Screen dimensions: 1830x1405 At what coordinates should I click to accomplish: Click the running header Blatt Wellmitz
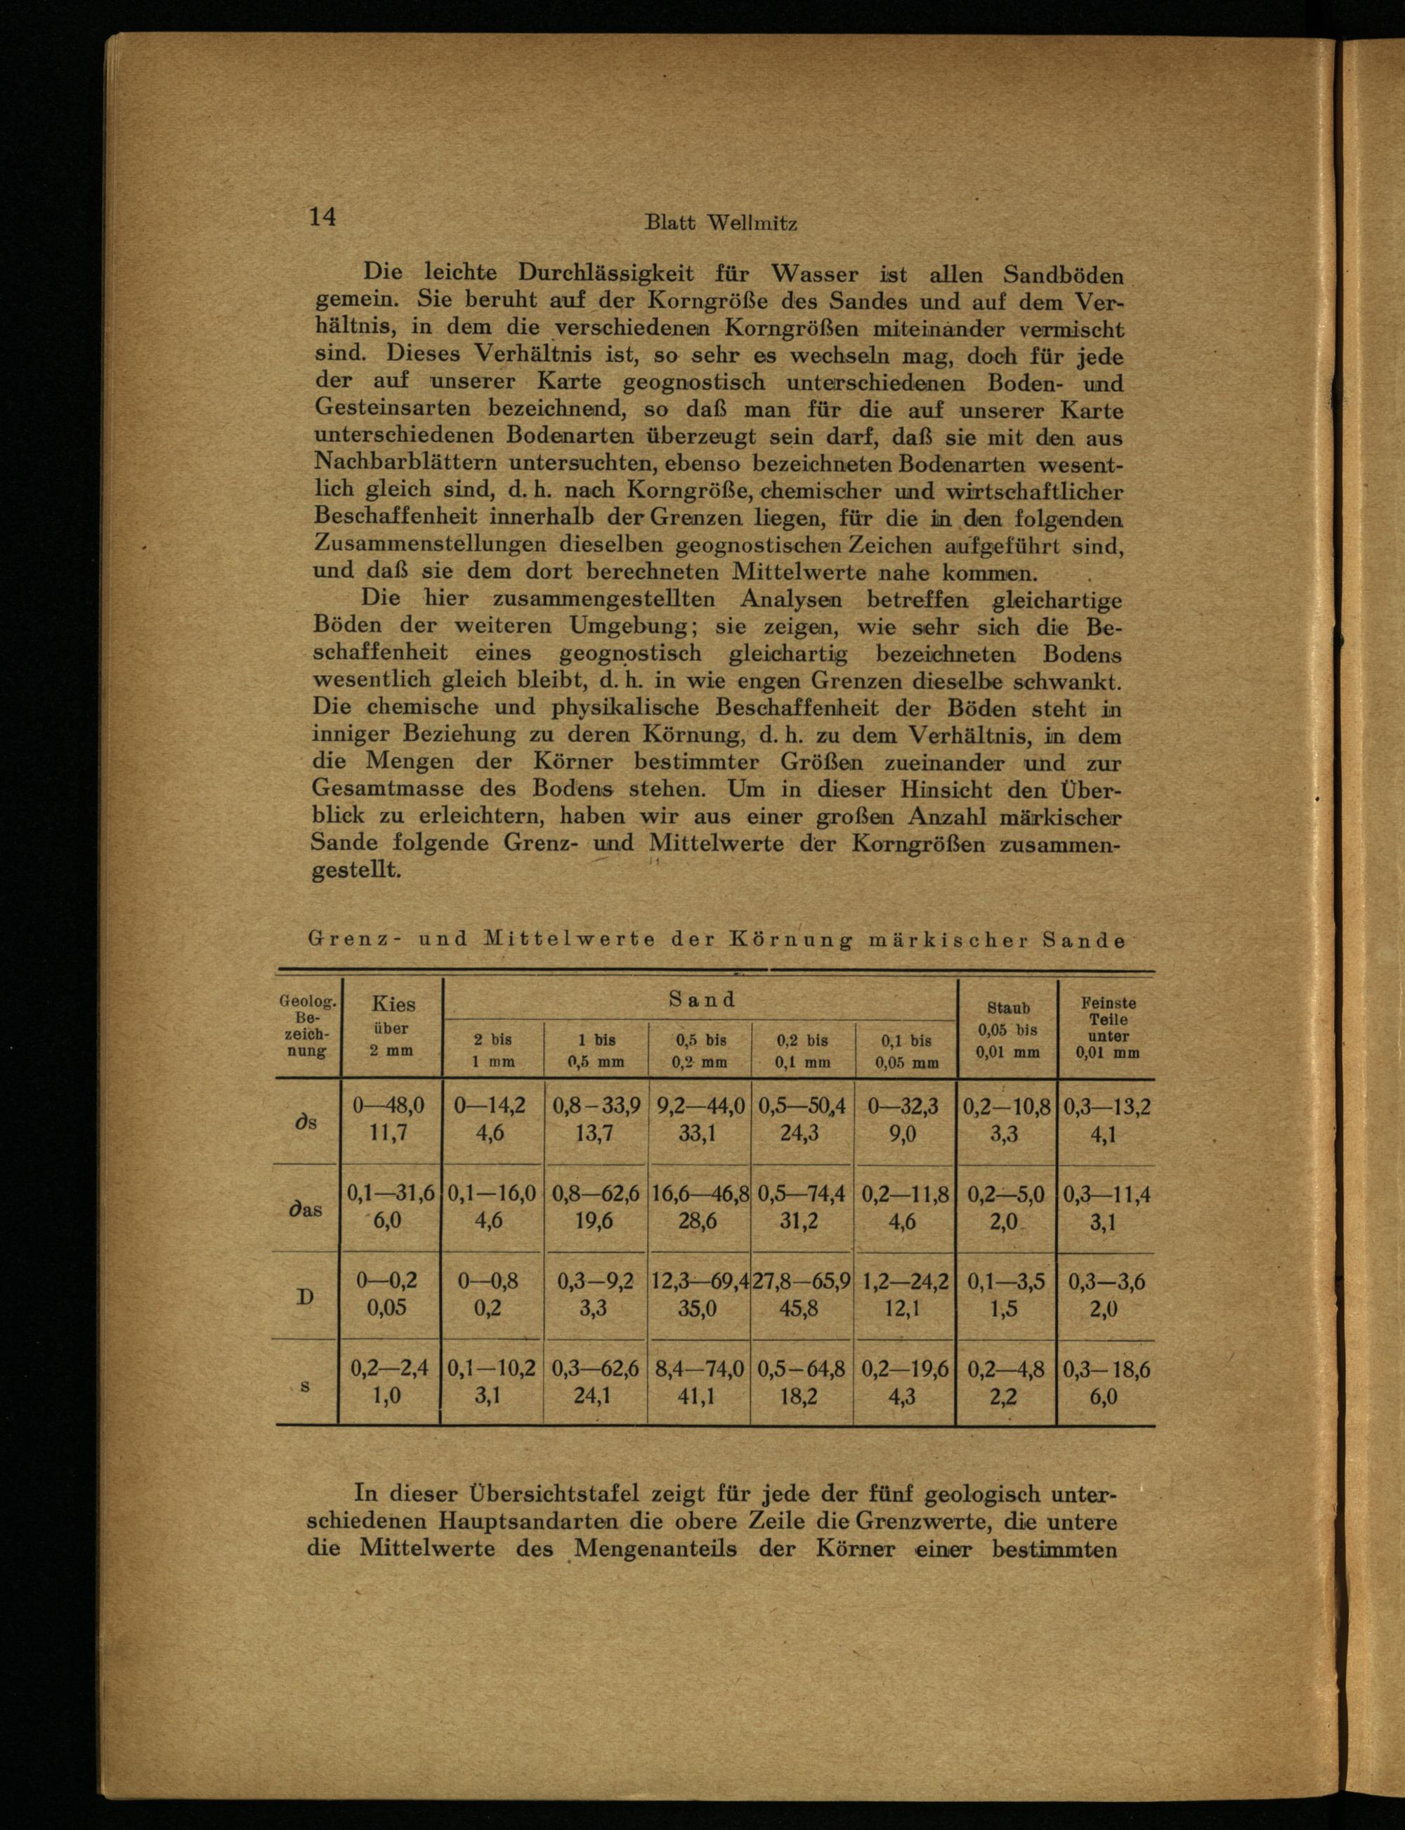(721, 223)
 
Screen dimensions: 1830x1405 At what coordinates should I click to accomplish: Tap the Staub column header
(1008, 1028)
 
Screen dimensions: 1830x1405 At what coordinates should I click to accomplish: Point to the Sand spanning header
(702, 1000)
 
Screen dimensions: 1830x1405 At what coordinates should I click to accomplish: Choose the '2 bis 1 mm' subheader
(492, 1050)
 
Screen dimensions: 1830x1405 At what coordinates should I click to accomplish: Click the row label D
(306, 1296)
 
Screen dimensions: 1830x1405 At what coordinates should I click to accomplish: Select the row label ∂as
(306, 1210)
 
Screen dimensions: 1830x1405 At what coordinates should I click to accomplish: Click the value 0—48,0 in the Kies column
(389, 1106)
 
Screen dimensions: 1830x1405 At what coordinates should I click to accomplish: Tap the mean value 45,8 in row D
(801, 1307)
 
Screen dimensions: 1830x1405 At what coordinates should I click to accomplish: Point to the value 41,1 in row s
(698, 1396)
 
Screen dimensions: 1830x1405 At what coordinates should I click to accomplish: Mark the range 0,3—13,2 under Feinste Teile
(1106, 1107)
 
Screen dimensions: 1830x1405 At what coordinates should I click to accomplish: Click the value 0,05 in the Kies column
(387, 1307)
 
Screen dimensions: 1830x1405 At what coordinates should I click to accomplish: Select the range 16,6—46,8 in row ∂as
(700, 1194)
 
